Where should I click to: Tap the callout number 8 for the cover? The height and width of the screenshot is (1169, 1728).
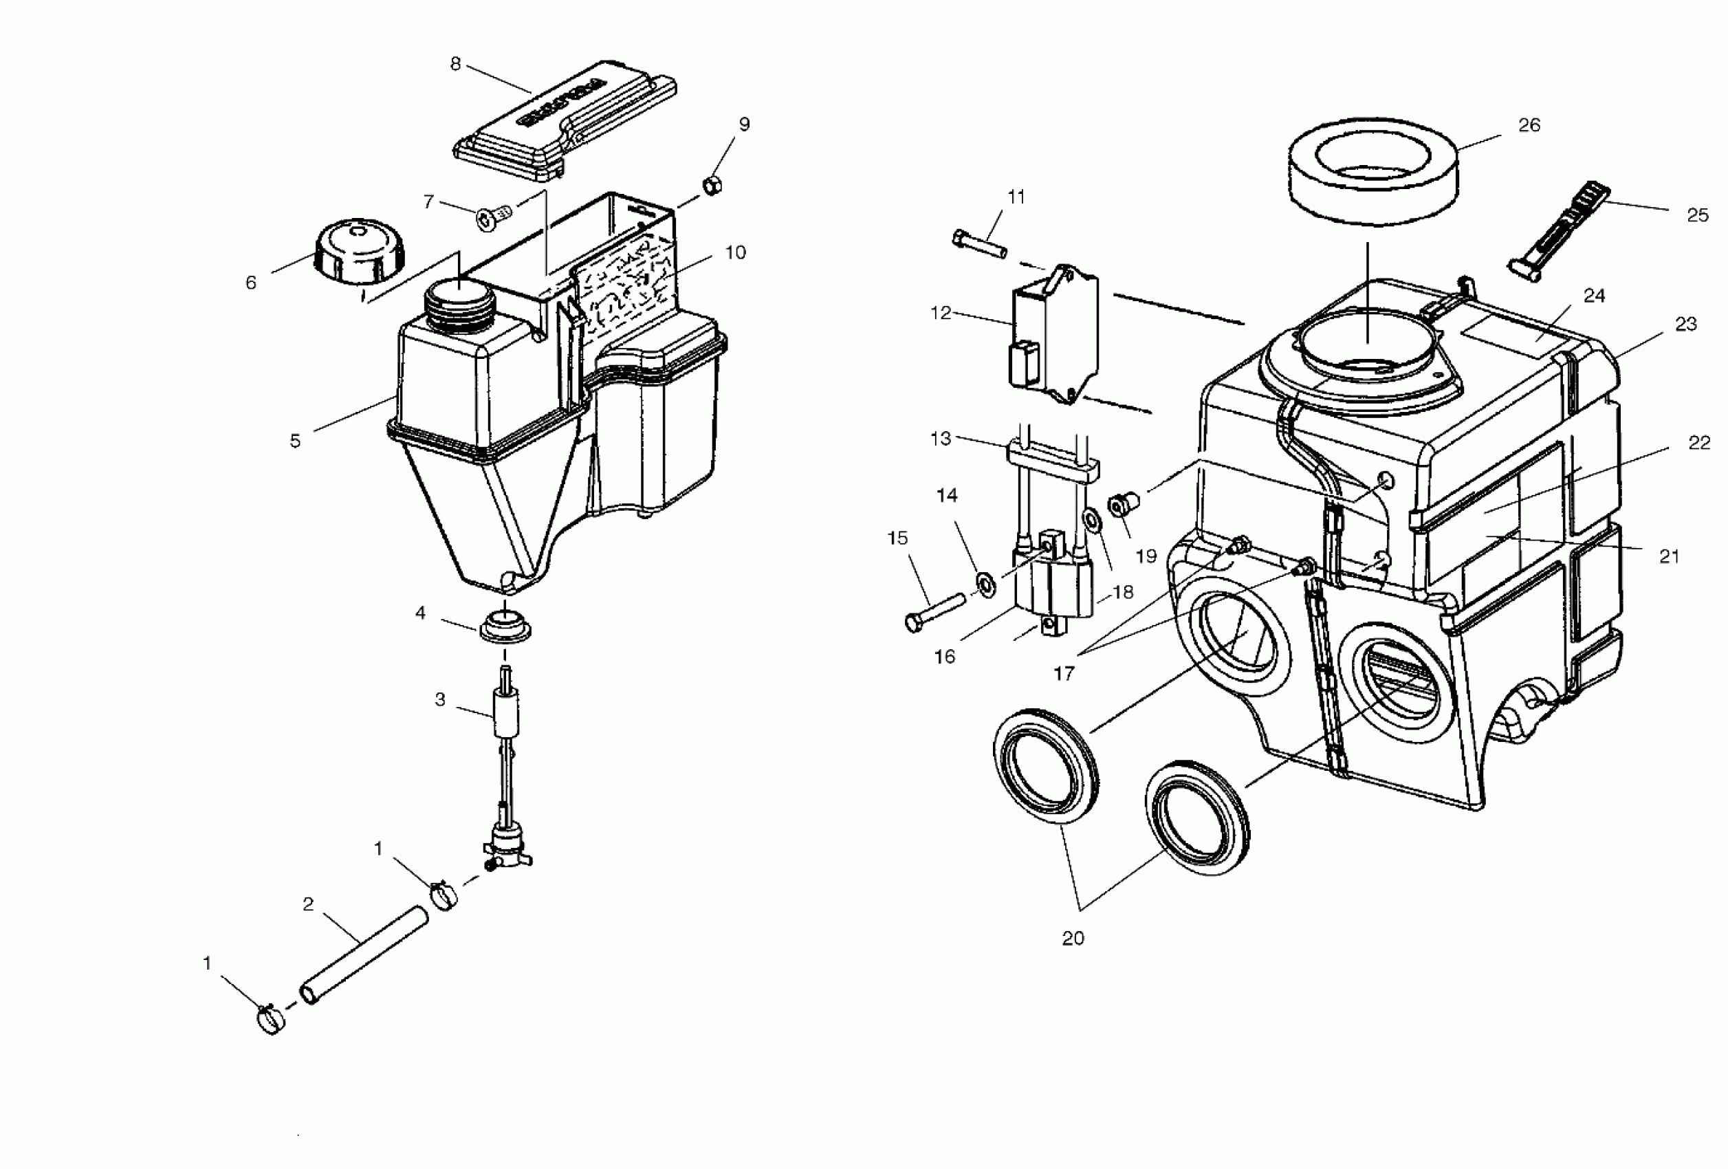pyautogui.click(x=456, y=64)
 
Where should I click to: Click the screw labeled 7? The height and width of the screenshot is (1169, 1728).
pyautogui.click(x=493, y=217)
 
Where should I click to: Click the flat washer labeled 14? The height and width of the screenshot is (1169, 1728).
pyautogui.click(x=986, y=584)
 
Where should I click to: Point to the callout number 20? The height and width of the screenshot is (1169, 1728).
pyautogui.click(x=1073, y=939)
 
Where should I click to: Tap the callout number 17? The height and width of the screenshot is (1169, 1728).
pyautogui.click(x=1064, y=674)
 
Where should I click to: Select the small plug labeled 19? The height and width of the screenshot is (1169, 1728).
pyautogui.click(x=1119, y=505)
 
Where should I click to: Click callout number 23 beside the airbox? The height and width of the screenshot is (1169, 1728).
pyautogui.click(x=1685, y=325)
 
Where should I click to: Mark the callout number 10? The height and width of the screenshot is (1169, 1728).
pyautogui.click(x=735, y=253)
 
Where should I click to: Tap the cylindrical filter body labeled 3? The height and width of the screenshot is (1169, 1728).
pyautogui.click(x=505, y=711)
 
